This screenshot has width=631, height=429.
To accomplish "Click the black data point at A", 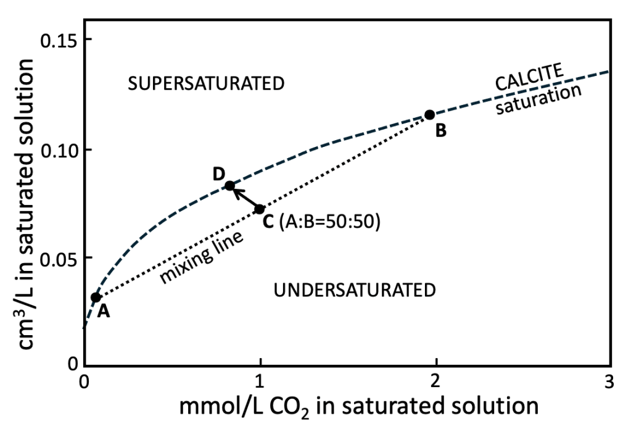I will click(x=96, y=298).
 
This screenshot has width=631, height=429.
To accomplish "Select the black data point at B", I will click(x=430, y=115).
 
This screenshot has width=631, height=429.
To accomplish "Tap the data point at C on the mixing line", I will click(x=260, y=209).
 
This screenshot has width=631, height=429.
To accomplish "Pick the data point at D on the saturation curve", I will click(x=229, y=185).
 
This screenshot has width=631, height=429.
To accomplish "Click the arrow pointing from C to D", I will click(x=245, y=198).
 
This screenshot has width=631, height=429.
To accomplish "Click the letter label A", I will click(x=104, y=312).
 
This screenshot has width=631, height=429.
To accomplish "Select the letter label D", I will click(x=218, y=174).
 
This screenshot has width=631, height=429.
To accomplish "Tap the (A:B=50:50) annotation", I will click(x=329, y=221).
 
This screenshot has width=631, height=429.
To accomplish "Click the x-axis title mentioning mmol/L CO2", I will click(x=358, y=407).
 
